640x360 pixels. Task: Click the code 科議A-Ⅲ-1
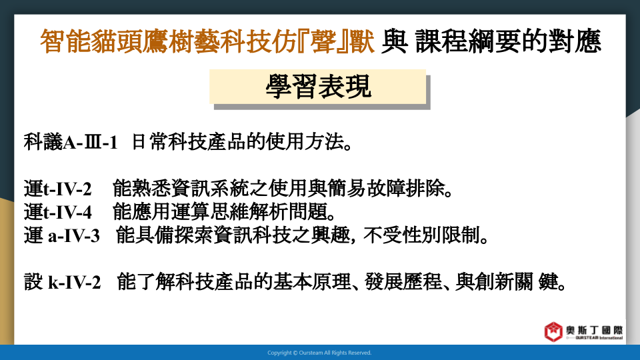[71, 142]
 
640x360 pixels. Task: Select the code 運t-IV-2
[57, 189]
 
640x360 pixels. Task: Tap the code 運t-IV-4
[57, 212]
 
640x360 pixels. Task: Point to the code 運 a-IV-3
[61, 235]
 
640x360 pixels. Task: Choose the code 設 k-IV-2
[62, 282]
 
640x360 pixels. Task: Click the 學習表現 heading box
[317, 87]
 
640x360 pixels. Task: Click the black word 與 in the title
[394, 41]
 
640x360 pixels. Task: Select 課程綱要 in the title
[468, 41]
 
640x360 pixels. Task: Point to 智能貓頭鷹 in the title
[104, 41]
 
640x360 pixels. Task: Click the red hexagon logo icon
[553, 331]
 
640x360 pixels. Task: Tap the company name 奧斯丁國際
[594, 330]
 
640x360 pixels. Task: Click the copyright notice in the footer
[319, 353]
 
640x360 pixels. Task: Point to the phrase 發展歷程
[403, 282]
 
